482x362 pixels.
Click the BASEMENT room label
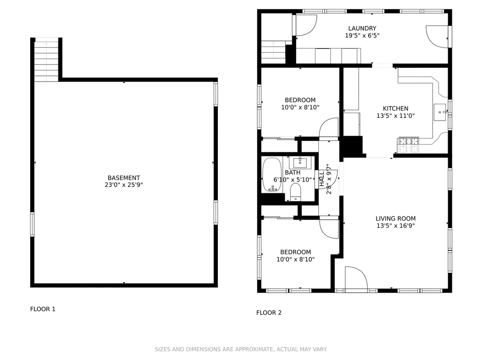(x=124, y=178)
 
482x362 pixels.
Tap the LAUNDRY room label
(x=362, y=28)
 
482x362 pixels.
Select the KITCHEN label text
(x=395, y=108)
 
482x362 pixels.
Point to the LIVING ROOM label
(x=395, y=219)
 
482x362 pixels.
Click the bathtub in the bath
(x=272, y=175)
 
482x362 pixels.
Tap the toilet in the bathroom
(x=296, y=192)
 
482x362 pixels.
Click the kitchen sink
(x=440, y=112)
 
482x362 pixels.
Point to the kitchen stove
(x=408, y=145)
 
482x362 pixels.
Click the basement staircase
(x=46, y=61)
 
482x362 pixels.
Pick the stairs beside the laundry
(x=273, y=52)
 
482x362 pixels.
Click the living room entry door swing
(x=356, y=278)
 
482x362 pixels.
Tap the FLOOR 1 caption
(x=43, y=309)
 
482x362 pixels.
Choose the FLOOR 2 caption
(x=269, y=313)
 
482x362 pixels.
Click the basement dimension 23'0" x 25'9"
(x=124, y=185)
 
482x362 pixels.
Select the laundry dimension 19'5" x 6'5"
(x=362, y=35)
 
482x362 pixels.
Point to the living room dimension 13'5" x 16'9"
(x=395, y=226)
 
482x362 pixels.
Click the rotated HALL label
(x=322, y=179)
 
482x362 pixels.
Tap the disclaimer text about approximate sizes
(x=241, y=349)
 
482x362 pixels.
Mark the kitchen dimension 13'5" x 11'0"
(x=395, y=116)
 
